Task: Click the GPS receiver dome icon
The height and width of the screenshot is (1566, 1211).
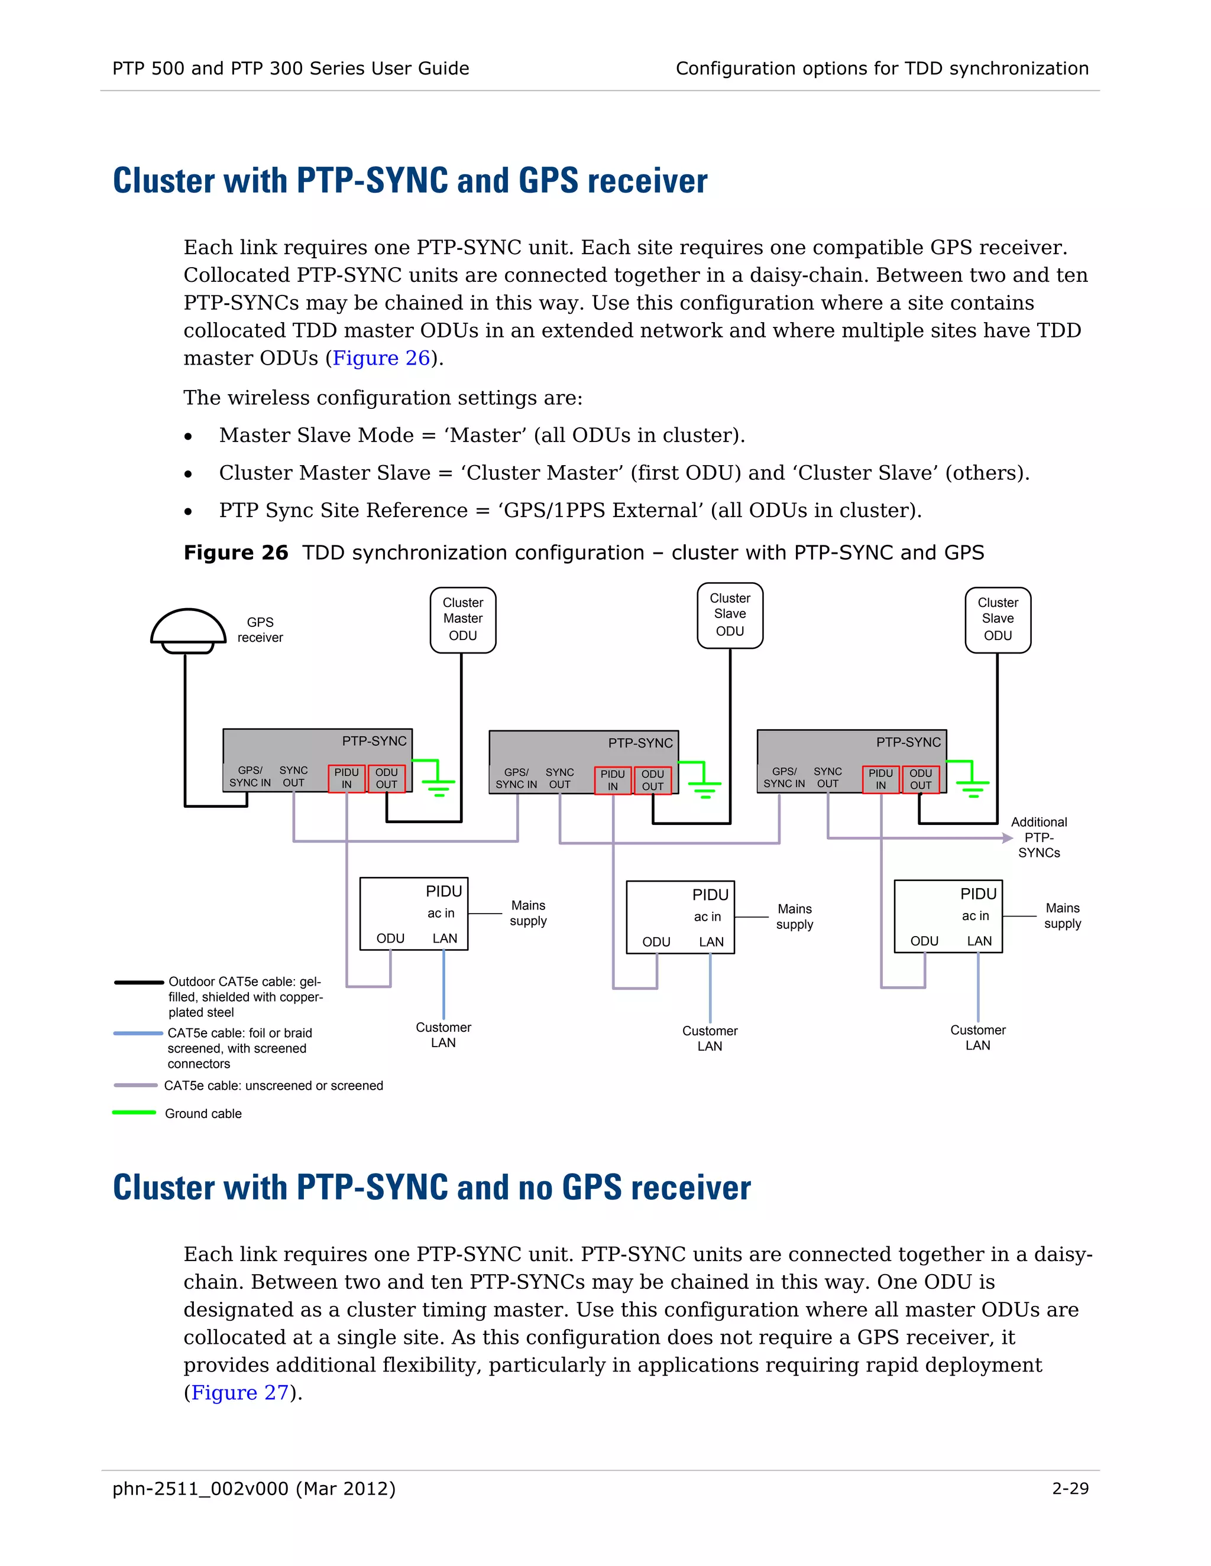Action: (x=188, y=629)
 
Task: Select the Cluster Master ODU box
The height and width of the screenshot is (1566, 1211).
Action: (x=463, y=619)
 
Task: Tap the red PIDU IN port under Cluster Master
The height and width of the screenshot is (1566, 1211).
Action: (x=347, y=778)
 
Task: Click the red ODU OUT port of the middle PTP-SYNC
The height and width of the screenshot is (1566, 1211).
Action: (x=652, y=780)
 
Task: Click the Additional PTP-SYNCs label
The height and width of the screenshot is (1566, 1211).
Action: (x=1039, y=837)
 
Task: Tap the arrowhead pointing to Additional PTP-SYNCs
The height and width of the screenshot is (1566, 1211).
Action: (x=1007, y=837)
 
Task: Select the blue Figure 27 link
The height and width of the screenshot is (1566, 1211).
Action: (x=239, y=1392)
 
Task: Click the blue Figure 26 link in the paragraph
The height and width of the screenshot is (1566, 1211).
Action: (x=381, y=358)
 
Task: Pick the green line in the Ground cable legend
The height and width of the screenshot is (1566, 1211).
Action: (x=134, y=1112)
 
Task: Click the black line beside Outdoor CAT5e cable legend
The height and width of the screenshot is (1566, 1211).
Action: (x=138, y=982)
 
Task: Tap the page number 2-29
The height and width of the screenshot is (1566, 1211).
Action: (x=1070, y=1489)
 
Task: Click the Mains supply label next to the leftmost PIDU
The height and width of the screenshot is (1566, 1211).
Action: (x=528, y=913)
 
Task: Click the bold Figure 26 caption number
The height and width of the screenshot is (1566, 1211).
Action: (x=236, y=553)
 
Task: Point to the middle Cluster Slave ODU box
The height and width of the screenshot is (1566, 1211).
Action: (x=730, y=615)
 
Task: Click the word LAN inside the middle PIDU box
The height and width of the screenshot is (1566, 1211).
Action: (x=711, y=941)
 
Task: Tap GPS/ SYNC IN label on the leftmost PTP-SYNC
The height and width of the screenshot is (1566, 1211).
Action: (x=250, y=776)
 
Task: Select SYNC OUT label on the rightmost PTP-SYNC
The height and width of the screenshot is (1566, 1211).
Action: (x=827, y=777)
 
